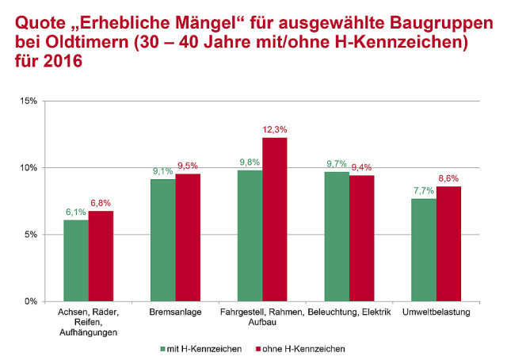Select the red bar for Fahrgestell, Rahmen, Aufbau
(x=275, y=219)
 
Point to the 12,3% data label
(x=275, y=129)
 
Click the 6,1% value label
(x=76, y=212)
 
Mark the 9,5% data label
(x=189, y=166)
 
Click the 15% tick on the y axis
(x=30, y=101)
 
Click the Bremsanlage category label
(x=175, y=312)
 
